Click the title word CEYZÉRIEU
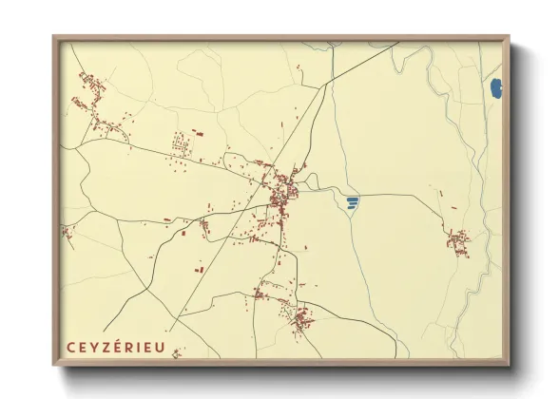pos(116,348)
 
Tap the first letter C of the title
pos(71,348)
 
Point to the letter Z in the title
pos(104,348)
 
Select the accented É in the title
pos(115,347)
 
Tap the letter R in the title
pos(126,348)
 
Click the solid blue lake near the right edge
pos(494,90)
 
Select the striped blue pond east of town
pos(353,202)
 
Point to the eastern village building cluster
pos(458,240)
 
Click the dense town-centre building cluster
pos(282,193)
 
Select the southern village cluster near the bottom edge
pos(295,316)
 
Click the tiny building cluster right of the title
pos(176,353)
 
